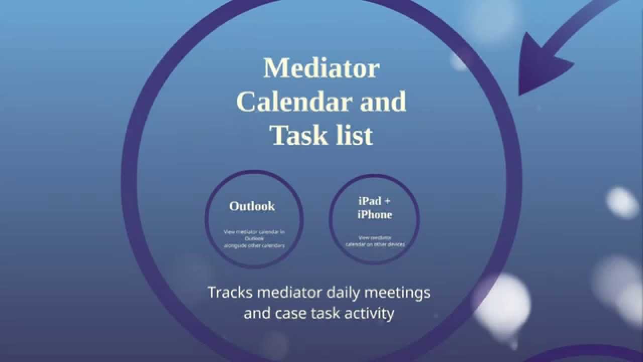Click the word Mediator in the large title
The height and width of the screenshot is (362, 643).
coord(321,68)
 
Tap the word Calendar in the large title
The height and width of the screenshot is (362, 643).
coord(293,102)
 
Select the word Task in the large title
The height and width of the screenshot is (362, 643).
coord(293,135)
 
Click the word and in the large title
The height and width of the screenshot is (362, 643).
coord(383,102)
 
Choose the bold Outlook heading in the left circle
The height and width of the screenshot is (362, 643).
coord(252,206)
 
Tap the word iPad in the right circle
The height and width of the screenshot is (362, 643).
coord(369,201)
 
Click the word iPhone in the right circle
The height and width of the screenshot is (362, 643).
coord(374,215)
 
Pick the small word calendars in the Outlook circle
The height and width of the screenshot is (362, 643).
coord(274,246)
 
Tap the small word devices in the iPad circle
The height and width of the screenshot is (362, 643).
coord(395,244)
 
